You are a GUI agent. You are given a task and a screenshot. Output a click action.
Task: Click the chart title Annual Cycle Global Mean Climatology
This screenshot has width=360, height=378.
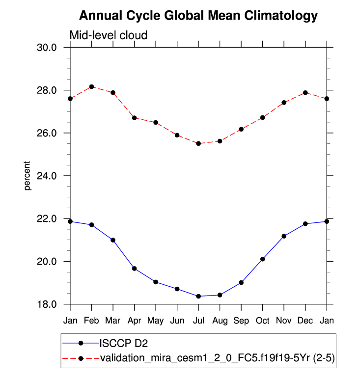[198, 16]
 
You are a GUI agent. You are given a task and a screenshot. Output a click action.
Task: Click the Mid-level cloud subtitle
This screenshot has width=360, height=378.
[109, 35]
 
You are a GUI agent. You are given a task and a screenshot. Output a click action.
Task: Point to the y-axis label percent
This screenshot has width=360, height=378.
[28, 176]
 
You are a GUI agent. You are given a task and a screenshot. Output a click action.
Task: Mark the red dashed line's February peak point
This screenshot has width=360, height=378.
[92, 87]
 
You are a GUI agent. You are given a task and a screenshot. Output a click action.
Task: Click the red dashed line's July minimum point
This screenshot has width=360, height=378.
[198, 143]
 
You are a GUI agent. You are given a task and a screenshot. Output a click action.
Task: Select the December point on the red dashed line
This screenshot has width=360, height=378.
[305, 93]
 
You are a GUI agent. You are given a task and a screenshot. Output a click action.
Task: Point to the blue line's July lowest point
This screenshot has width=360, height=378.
[198, 296]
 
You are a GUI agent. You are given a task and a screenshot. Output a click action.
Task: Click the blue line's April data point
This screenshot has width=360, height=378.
[134, 269]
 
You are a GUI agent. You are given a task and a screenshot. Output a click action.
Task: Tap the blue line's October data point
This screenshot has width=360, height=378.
[263, 259]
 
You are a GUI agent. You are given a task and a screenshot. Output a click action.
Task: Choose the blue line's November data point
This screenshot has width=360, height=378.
[284, 236]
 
